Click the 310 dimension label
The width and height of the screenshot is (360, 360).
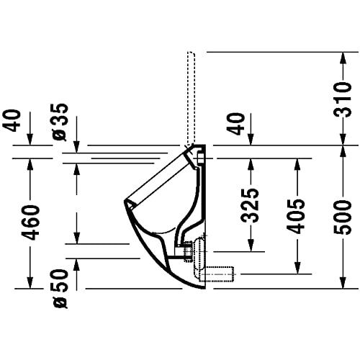point(343,99)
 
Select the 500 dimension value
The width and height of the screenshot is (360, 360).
point(343,218)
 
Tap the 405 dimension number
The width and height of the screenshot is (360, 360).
point(297,216)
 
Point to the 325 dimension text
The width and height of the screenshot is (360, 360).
point(251,205)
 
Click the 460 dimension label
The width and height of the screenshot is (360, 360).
point(30,222)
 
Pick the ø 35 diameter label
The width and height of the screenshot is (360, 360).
point(60,122)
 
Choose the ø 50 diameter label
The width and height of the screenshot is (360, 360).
point(60,289)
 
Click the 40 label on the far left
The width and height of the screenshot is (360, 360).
point(12,120)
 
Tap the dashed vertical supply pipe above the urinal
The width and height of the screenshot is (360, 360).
point(191,99)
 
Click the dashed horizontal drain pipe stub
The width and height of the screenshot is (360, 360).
point(217,274)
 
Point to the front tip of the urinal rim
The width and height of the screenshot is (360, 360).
point(125,200)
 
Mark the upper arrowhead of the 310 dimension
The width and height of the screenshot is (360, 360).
point(343,58)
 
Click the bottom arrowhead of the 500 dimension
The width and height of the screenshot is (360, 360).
point(343,282)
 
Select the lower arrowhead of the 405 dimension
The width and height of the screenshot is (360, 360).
point(297,267)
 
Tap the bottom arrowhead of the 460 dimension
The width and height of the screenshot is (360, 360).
point(30,282)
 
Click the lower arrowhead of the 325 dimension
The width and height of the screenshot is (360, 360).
point(251,246)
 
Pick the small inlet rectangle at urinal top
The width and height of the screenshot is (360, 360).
point(200,158)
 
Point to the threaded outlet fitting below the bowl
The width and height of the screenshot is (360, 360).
point(187,251)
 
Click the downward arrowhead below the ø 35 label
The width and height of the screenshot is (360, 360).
point(76,146)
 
